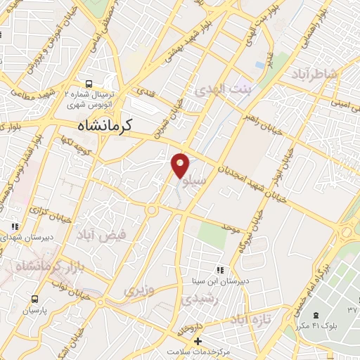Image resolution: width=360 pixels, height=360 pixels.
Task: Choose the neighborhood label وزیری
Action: (x=138, y=290)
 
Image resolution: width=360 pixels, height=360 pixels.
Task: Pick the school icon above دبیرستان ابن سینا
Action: (x=220, y=269)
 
